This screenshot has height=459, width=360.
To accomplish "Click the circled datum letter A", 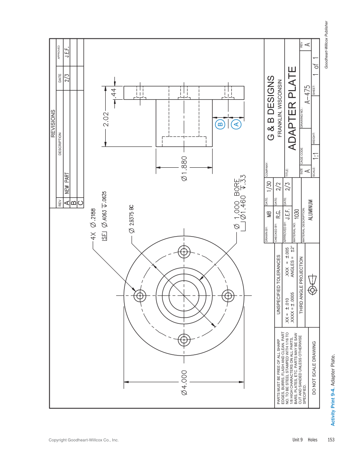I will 236,124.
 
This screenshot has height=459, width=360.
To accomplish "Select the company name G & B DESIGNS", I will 271,108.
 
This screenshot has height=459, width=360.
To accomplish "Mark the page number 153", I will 331,439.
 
